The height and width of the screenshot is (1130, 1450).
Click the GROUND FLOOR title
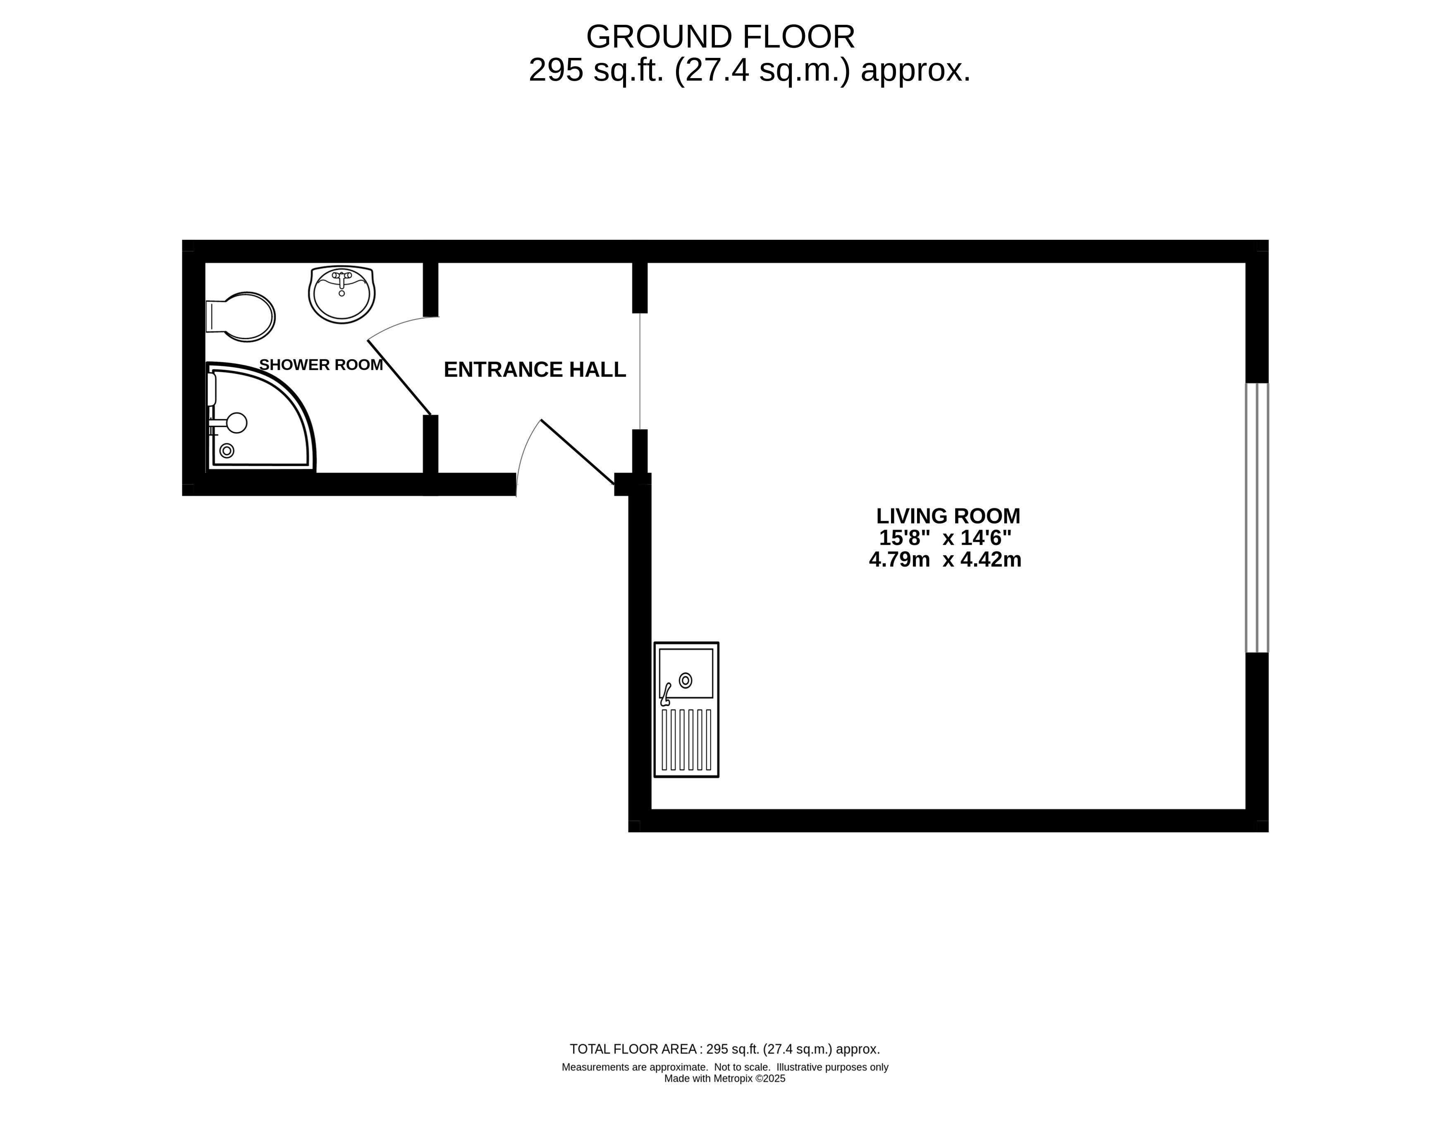tap(720, 37)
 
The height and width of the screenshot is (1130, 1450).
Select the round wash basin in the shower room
tap(342, 295)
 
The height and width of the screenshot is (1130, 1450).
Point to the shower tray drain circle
tap(227, 451)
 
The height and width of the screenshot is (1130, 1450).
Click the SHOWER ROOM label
tap(321, 365)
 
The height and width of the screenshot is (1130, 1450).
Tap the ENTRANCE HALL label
tap(535, 370)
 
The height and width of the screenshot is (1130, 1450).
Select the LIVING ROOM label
tap(948, 516)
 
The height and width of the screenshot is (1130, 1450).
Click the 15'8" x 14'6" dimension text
tap(946, 537)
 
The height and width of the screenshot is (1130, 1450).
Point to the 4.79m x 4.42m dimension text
tap(946, 560)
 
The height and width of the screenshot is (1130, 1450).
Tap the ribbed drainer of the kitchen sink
tap(686, 740)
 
